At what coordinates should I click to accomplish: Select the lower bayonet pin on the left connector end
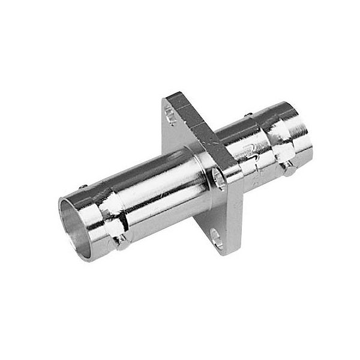pos(122,241)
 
